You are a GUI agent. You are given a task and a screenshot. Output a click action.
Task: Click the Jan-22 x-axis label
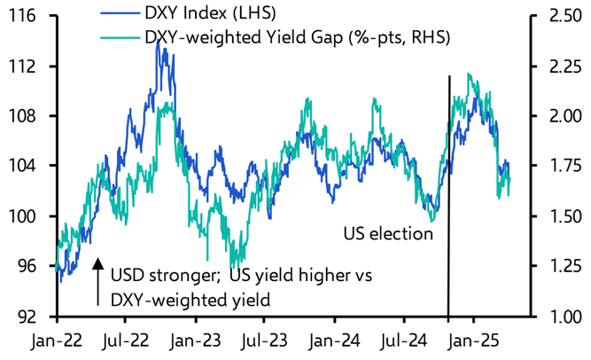coord(56,340)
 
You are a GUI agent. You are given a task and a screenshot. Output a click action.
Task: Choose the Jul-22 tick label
coord(126,340)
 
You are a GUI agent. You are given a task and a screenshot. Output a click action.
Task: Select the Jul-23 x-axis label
coord(265,340)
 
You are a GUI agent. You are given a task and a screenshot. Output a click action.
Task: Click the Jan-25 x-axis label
coord(472,340)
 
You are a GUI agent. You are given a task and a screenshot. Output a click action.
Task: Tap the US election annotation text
coord(388,234)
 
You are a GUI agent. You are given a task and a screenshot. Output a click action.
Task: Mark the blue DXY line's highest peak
coord(157,41)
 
